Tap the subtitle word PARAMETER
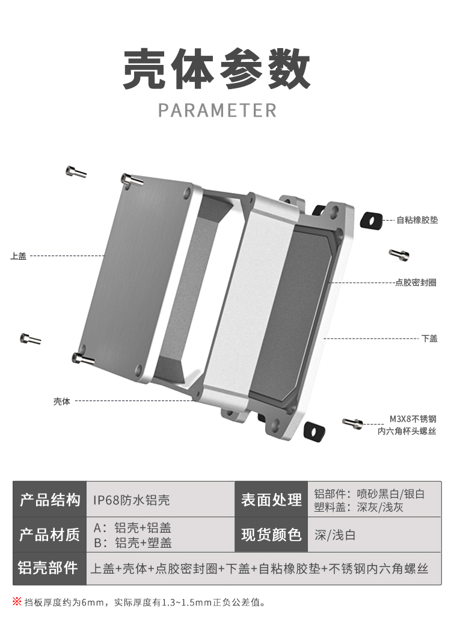pos(217,111)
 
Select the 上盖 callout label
pos(18,256)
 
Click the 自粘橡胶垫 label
pos(417,220)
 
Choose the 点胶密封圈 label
pos(416,282)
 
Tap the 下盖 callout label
pos(429,339)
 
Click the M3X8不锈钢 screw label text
pos(413,419)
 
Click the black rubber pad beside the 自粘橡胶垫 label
pos(371,221)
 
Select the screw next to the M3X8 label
pos(353,423)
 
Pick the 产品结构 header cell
pos(50,500)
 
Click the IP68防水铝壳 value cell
pos(132,500)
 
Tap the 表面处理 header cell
pos(271,500)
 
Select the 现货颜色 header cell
pos(271,535)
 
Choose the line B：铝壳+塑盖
pos(133,542)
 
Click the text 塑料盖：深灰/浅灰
pos(358,507)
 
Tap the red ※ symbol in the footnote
pos(17,601)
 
